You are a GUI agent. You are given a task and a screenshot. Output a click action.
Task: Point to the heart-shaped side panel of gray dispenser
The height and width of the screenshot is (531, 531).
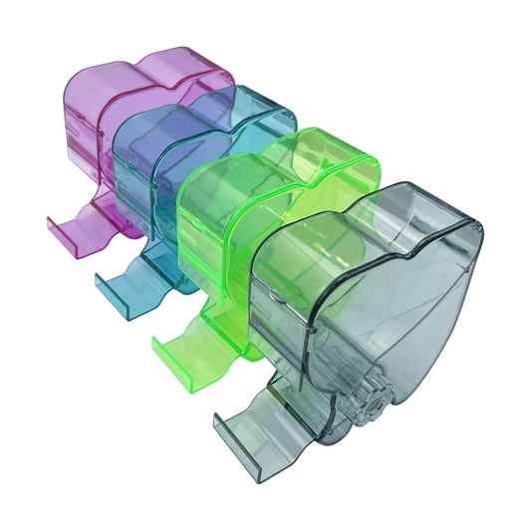[x=398, y=309]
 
